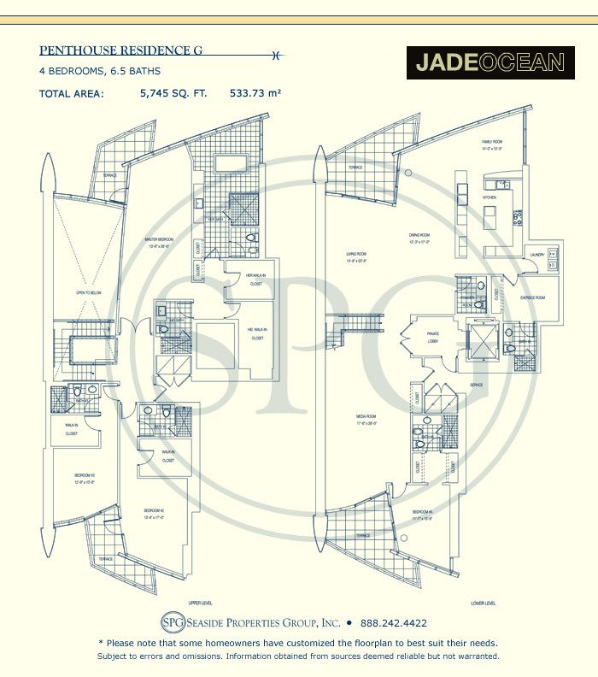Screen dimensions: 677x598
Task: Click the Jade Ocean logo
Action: pos(490,62)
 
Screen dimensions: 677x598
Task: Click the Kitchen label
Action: pos(490,197)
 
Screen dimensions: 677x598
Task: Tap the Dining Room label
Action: pos(419,235)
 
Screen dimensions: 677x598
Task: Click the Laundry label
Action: pos(537,255)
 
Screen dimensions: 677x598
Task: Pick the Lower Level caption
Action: pos(483,603)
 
